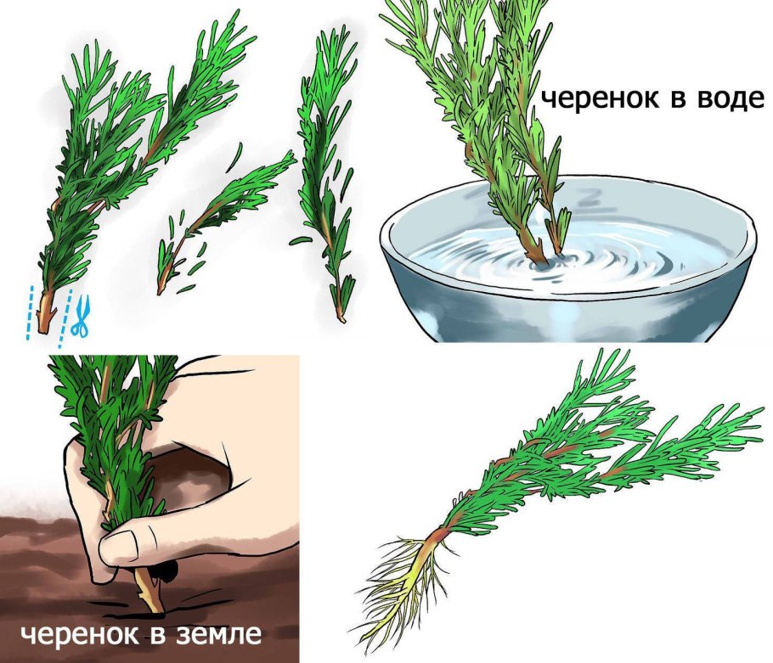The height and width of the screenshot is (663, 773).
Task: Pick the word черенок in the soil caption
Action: pyautogui.click(x=77, y=636)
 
